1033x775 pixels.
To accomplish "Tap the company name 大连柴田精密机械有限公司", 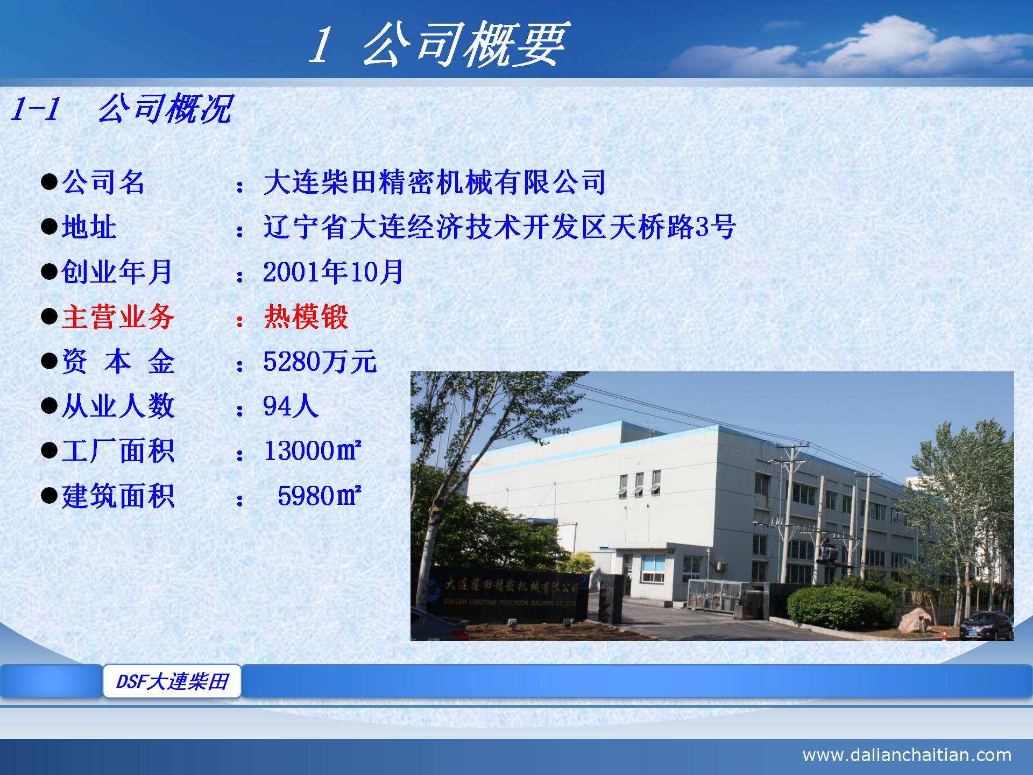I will tap(435, 182).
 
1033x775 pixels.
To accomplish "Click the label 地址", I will tap(89, 227).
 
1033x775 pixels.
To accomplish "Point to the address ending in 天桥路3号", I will tap(499, 227).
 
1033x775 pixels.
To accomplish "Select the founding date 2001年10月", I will tap(333, 272).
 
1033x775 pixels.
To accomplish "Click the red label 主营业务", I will tap(118, 316).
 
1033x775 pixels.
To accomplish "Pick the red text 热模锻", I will tap(306, 316).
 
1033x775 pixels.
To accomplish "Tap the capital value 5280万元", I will tap(320, 362).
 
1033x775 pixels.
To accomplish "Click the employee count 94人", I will tap(291, 406).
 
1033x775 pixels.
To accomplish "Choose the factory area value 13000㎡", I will tap(312, 451).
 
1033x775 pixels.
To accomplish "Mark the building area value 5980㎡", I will tap(319, 496).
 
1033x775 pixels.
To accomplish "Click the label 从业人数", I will tap(118, 406).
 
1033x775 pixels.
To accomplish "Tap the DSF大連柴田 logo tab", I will tap(172, 681).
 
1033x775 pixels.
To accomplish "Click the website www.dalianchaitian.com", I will tap(907, 755).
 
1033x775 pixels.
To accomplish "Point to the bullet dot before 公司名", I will tap(49, 182).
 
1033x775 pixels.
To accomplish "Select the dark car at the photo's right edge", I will tap(987, 625).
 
